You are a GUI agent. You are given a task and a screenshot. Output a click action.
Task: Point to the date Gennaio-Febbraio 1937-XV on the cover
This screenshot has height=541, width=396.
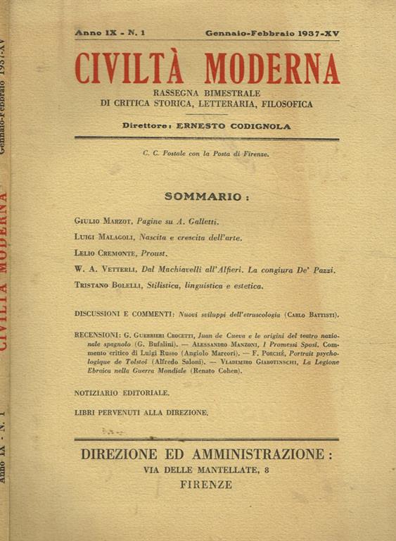[272, 33]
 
